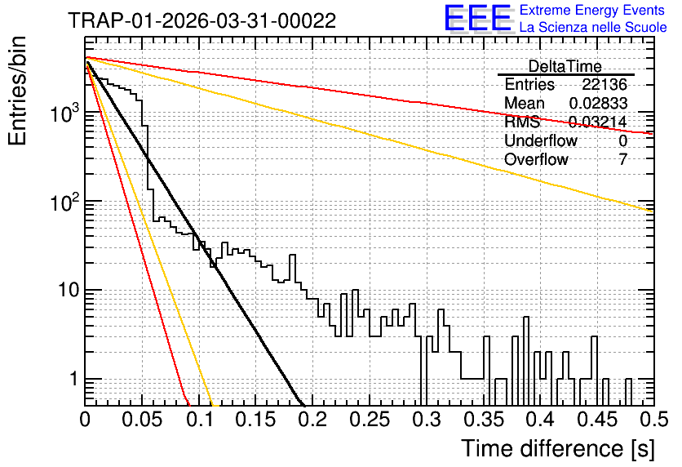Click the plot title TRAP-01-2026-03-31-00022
click(201, 20)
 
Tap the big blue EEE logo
click(477, 18)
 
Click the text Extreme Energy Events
click(592, 10)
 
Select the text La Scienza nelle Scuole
click(593, 28)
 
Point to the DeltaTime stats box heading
click(565, 66)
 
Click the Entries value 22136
click(604, 84)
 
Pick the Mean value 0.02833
click(598, 103)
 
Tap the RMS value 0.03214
click(598, 122)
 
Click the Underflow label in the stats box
click(541, 140)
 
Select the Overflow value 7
click(622, 159)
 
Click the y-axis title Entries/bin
click(17, 91)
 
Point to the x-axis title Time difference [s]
click(558, 448)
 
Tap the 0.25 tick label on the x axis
click(370, 420)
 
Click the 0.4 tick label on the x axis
click(541, 420)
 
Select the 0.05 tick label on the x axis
click(142, 420)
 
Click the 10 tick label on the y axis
click(69, 290)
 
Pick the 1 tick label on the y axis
click(74, 379)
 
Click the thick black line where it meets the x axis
click(301, 405)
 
